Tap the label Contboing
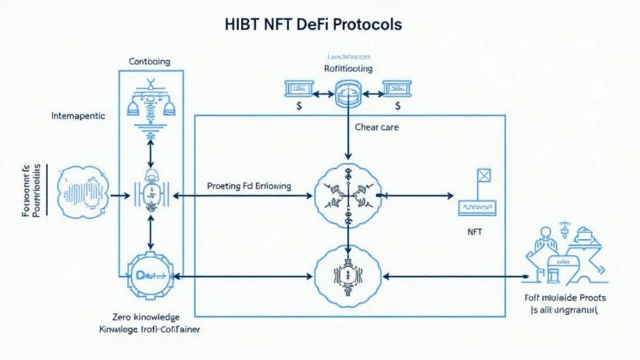tap(149, 62)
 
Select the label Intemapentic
tap(78, 116)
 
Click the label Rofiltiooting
tap(347, 68)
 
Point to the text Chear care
tap(376, 127)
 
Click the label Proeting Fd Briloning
tap(248, 186)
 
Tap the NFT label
tap(475, 232)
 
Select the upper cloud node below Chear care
tap(347, 195)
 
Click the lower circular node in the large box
tap(347, 275)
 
